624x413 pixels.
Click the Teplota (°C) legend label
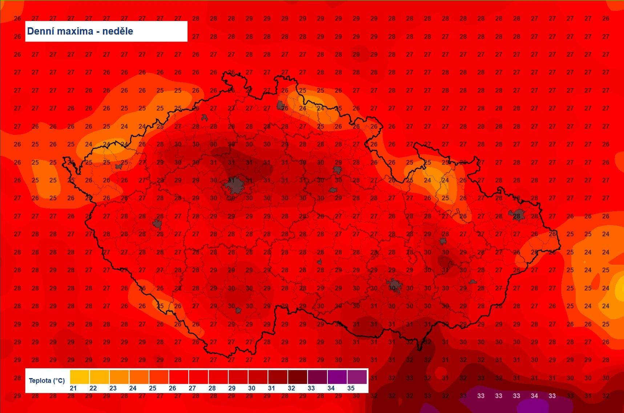coord(47,381)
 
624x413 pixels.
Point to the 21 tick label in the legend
coord(73,388)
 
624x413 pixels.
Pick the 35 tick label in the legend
coord(351,388)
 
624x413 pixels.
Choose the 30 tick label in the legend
coord(252,388)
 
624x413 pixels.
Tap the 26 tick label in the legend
coord(173,388)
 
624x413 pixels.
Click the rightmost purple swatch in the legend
coord(357,377)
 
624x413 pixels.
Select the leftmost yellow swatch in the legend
coord(80,377)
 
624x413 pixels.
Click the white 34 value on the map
coord(534,396)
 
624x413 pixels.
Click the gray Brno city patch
coord(394,286)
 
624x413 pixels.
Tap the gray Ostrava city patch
coord(517,215)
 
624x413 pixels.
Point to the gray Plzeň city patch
coord(157,224)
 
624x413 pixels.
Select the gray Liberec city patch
coord(280,105)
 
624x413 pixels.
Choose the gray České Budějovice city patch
coord(238,310)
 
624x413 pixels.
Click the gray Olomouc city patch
coord(443,241)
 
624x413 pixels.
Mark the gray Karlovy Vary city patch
coord(118,166)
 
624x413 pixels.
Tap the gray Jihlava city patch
coord(319,262)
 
